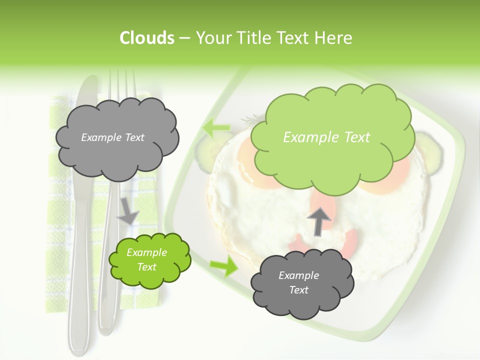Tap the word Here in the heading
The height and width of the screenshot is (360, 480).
(x=336, y=38)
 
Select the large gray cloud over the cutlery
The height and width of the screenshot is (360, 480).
(x=117, y=138)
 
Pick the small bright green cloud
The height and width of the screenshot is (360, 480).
(x=149, y=260)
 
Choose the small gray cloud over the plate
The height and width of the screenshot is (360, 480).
(x=302, y=283)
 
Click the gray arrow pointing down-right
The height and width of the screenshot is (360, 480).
(x=127, y=210)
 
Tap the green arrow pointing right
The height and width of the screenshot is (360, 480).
(x=224, y=266)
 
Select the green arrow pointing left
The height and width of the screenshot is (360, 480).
(x=216, y=128)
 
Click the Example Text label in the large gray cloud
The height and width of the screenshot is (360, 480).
(x=112, y=137)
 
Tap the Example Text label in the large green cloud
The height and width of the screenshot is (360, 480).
(x=326, y=137)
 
